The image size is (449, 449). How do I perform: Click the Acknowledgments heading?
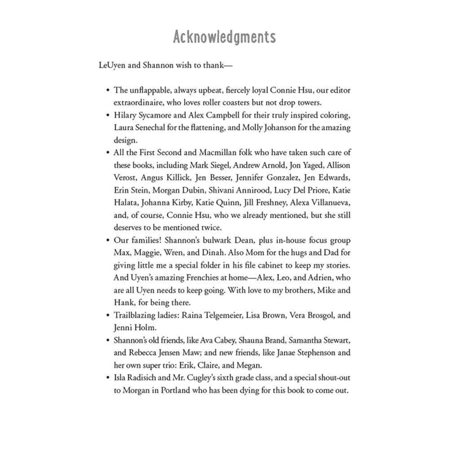(x=224, y=37)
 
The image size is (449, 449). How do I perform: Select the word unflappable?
(x=150, y=90)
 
